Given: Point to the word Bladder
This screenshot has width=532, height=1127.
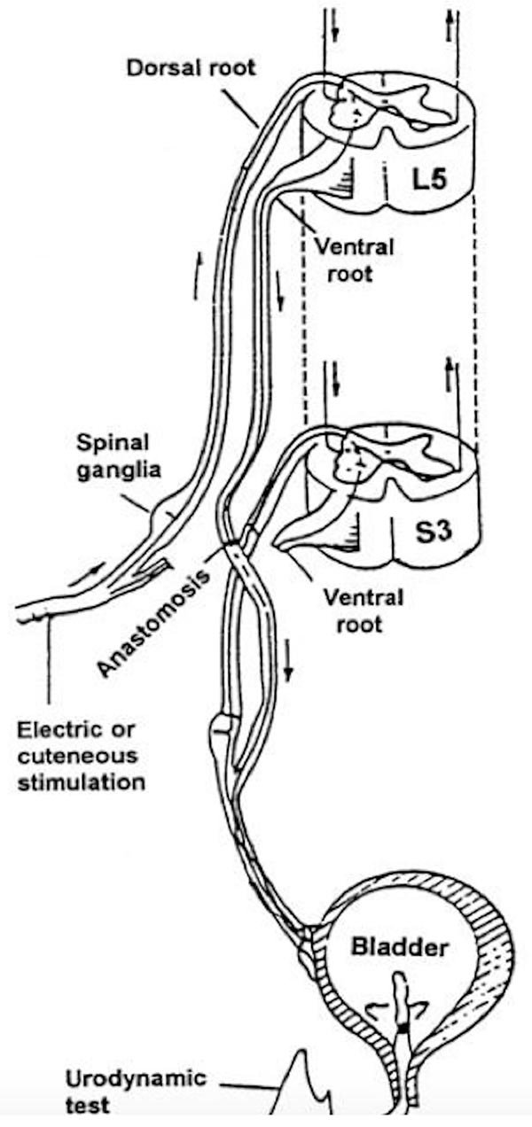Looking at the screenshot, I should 399,948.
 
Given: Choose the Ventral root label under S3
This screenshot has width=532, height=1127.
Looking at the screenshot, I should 352,610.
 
